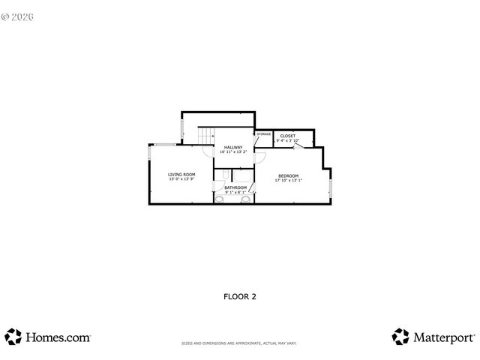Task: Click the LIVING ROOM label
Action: pos(181,174)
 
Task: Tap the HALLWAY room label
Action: pos(232,147)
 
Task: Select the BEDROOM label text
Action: pos(288,175)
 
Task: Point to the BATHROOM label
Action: pos(235,187)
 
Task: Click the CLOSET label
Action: pos(288,136)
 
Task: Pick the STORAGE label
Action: pos(263,133)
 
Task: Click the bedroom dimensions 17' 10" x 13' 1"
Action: pos(288,180)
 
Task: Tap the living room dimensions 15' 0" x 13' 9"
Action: pos(181,178)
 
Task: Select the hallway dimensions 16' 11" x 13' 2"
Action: pos(232,151)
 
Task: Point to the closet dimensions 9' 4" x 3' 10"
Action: pos(288,140)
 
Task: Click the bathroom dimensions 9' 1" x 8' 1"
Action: pos(235,192)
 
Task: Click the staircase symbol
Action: pos(206,135)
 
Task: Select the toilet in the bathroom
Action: pos(219,200)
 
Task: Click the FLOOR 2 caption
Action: pos(240,296)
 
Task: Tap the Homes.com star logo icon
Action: pos(13,336)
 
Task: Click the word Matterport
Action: pos(442,337)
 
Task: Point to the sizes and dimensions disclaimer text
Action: pos(239,343)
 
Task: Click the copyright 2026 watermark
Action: pos(23,15)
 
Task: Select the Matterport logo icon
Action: pos(400,336)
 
